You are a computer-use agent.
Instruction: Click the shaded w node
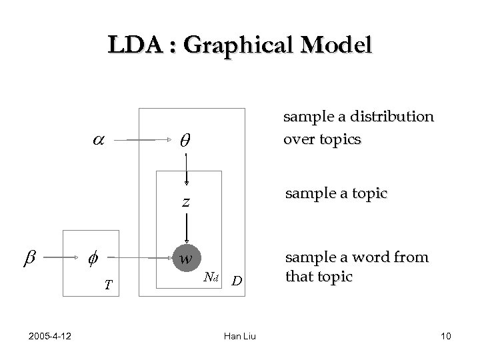pos(187,257)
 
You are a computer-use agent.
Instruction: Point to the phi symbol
pos(92,257)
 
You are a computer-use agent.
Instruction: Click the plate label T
pos(108,285)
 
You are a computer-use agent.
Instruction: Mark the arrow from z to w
pos(187,227)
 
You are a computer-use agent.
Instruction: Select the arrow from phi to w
pos(140,257)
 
